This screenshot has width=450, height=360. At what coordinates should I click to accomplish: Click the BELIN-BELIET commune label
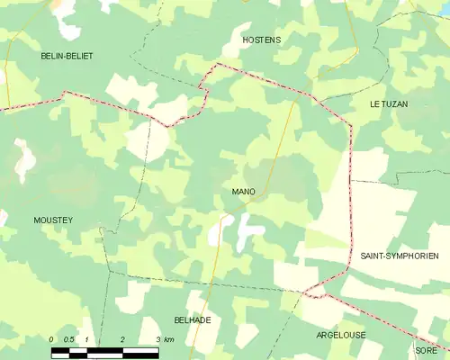coord(67,56)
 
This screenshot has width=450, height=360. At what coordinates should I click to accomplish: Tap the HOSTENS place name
coord(262,40)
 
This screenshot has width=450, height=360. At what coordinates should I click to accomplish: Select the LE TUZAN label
coord(389,104)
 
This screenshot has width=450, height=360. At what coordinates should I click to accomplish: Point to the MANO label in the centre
coord(243,192)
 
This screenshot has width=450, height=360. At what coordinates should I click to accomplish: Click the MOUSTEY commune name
coord(53,220)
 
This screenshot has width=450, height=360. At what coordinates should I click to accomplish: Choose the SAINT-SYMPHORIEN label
coord(400,256)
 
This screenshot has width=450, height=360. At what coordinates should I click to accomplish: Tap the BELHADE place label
coord(192,320)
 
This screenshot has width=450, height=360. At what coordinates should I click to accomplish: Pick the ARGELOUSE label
coord(341,335)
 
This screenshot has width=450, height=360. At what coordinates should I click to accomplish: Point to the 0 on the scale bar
coord(52,338)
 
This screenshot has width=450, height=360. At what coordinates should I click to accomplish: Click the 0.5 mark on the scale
coord(68,338)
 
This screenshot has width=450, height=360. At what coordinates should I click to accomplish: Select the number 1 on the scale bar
coord(86,338)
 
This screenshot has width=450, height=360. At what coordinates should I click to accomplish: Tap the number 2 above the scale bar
coord(121,338)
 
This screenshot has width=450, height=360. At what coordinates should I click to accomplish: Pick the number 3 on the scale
coord(157,338)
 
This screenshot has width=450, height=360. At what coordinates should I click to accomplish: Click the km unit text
coord(169,338)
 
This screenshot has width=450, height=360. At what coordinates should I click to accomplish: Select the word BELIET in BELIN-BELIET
coord(80,56)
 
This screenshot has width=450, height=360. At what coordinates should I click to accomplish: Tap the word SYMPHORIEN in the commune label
coord(412,256)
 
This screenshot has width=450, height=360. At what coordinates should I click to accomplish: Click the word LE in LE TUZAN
coord(374,104)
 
